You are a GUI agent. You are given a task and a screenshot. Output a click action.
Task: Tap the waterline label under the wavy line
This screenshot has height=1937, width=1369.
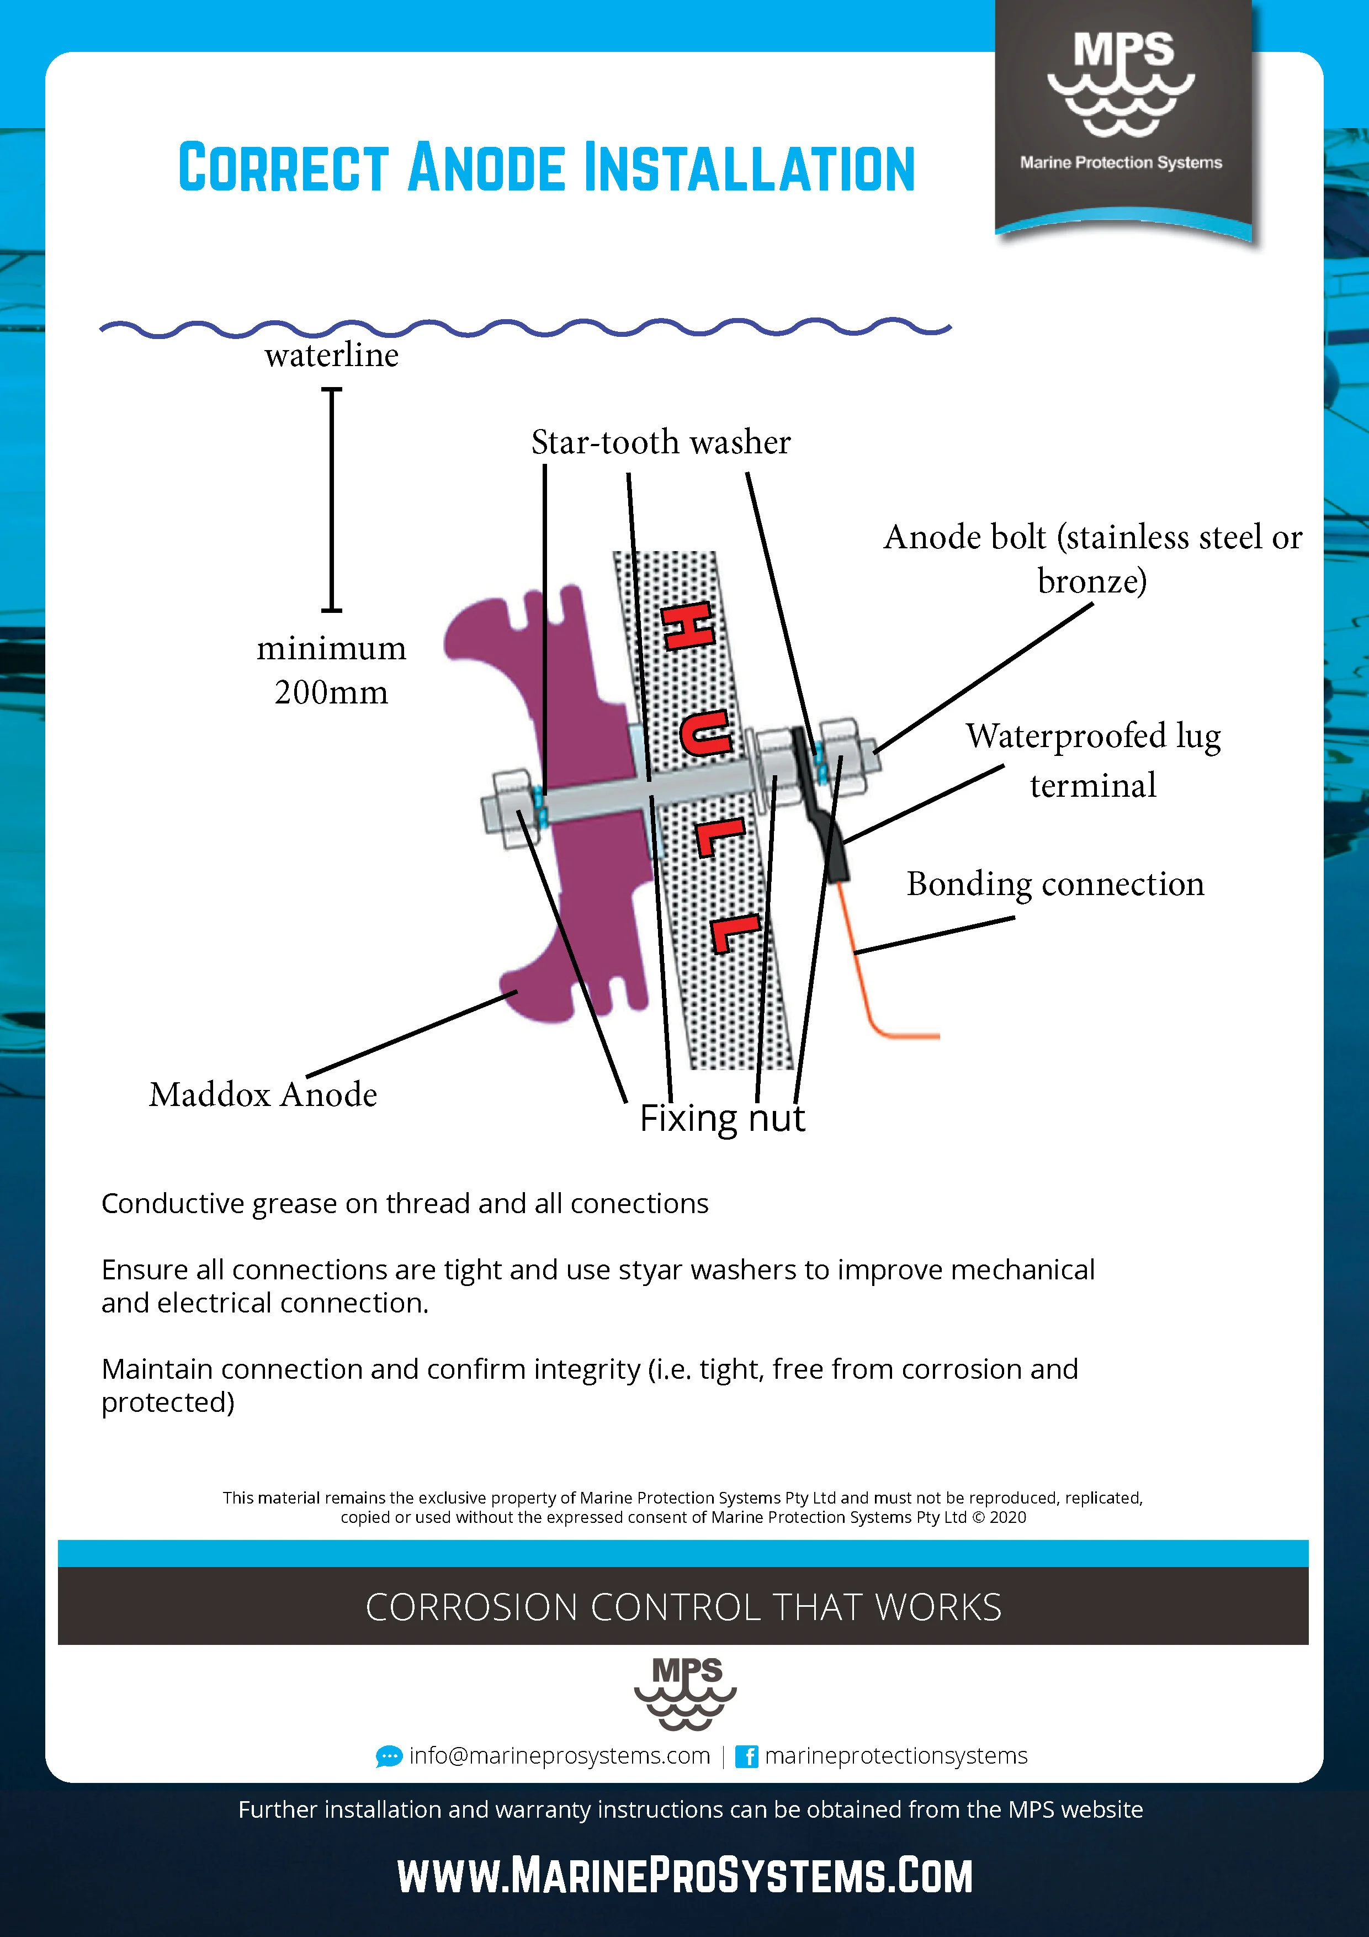coord(332,355)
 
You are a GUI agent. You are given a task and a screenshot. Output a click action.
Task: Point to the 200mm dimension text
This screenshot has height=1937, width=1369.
coord(332,692)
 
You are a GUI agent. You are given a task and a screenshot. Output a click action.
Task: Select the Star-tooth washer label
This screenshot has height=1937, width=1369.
coord(660,442)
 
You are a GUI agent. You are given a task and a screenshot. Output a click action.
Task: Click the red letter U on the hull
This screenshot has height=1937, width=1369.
coord(704,732)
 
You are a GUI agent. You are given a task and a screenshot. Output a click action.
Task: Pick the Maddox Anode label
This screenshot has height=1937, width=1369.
coord(263,1094)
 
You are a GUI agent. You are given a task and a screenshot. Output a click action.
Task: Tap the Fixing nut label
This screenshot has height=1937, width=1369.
coord(722,1118)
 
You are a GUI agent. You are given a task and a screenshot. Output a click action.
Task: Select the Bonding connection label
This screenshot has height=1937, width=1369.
coord(1055,884)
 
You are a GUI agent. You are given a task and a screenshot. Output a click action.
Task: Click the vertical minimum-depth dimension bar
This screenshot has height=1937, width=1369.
coord(332,500)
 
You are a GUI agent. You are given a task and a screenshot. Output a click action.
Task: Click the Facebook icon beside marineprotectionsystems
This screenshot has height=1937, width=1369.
coord(746,1756)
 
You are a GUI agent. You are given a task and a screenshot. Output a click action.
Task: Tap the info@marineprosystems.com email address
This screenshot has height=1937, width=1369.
coord(559,1756)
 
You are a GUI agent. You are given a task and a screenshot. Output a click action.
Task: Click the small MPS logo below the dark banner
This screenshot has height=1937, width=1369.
coord(686,1693)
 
